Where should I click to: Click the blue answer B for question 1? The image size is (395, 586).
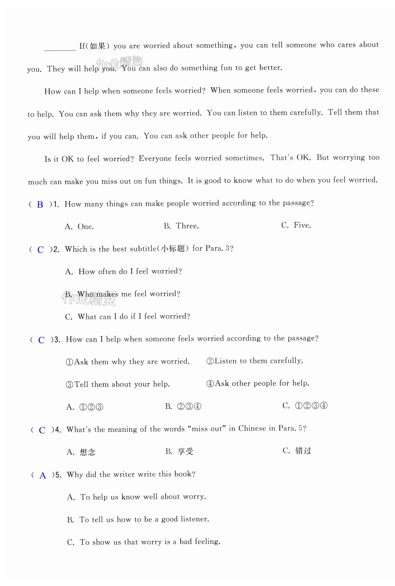tap(40, 204)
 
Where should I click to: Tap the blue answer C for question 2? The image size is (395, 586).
tap(41, 250)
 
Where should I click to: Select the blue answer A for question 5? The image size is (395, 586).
tap(43, 476)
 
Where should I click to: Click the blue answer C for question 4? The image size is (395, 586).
tap(42, 430)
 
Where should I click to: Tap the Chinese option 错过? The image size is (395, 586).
tap(303, 451)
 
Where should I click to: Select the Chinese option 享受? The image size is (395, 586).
tap(185, 451)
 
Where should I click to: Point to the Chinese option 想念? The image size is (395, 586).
tap(87, 452)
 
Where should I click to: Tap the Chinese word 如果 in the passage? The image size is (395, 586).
tap(97, 46)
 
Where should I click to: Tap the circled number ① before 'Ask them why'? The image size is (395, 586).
tap(69, 362)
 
